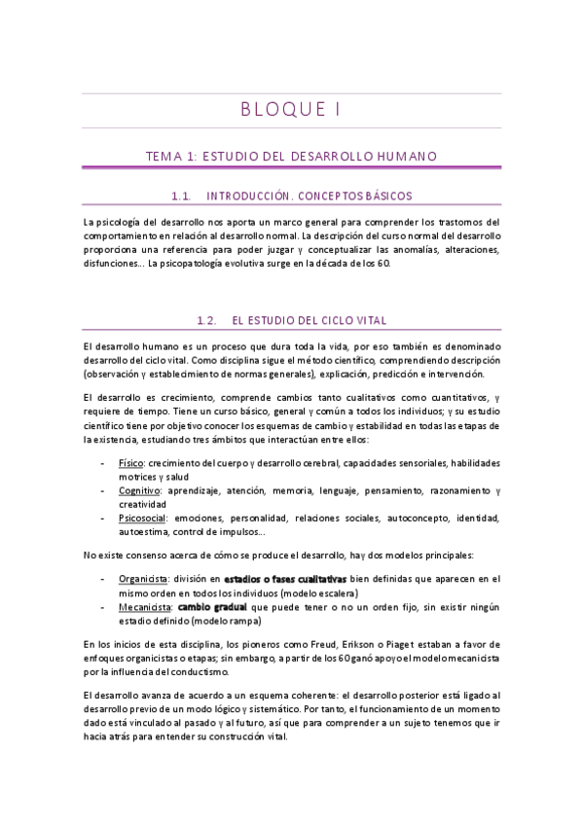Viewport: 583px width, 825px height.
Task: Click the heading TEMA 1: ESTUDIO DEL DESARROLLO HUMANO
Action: [291, 156]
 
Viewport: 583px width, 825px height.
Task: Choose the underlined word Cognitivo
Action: [139, 491]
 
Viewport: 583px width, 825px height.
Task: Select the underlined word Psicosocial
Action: [142, 519]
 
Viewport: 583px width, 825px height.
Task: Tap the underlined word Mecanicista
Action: [143, 606]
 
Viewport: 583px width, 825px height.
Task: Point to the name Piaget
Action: [427, 645]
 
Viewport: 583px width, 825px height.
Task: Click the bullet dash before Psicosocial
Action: [104, 519]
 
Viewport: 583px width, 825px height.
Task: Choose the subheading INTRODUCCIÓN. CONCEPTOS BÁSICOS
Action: [310, 196]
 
